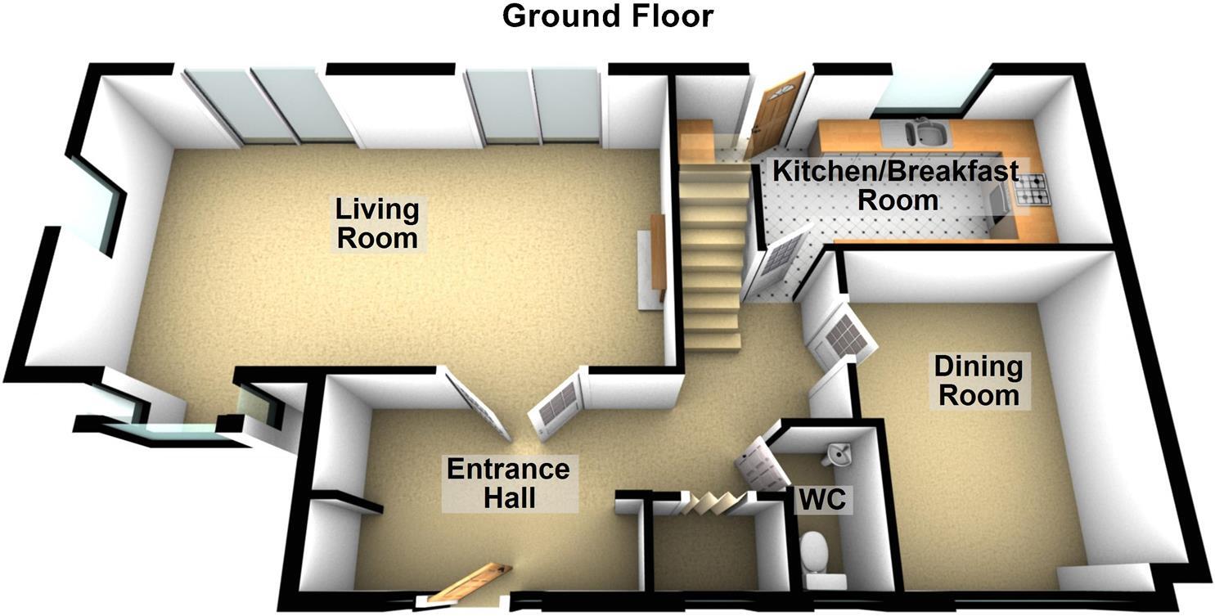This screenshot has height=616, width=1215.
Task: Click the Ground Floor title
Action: pyautogui.click(x=607, y=16)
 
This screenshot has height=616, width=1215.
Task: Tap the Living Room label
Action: pyautogui.click(x=377, y=223)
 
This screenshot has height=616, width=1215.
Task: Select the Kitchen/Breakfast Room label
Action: pyautogui.click(x=896, y=186)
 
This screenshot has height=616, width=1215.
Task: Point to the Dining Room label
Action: pyautogui.click(x=978, y=380)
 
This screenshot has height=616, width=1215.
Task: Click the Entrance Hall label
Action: pyautogui.click(x=507, y=483)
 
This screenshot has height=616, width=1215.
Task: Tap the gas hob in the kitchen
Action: pyautogui.click(x=1031, y=191)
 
